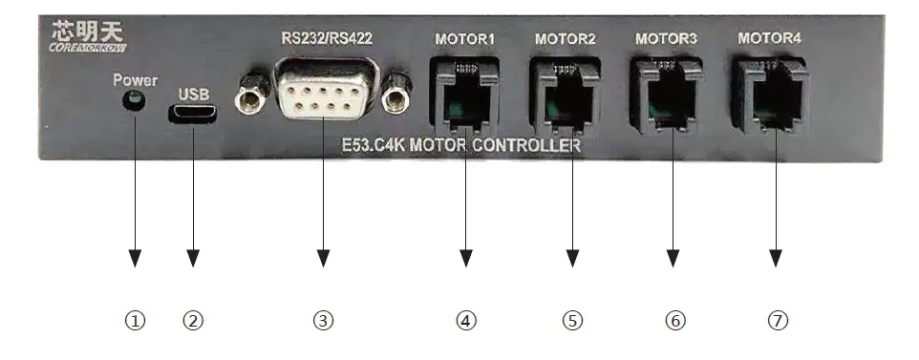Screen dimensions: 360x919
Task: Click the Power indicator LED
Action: (136, 100)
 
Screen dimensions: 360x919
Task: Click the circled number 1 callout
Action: (136, 321)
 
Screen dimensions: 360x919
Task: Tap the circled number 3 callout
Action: (324, 321)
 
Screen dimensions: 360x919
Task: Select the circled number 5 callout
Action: (571, 321)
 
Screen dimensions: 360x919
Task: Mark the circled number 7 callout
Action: (778, 321)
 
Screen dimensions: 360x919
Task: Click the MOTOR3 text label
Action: (665, 39)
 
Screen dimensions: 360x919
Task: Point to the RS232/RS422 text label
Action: (326, 39)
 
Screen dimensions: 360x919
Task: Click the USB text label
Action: (193, 95)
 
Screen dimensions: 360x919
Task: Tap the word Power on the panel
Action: (135, 80)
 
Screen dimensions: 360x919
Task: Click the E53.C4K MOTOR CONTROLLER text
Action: (460, 146)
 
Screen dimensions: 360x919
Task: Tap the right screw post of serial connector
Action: (395, 96)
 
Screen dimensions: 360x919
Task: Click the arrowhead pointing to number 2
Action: (193, 258)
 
